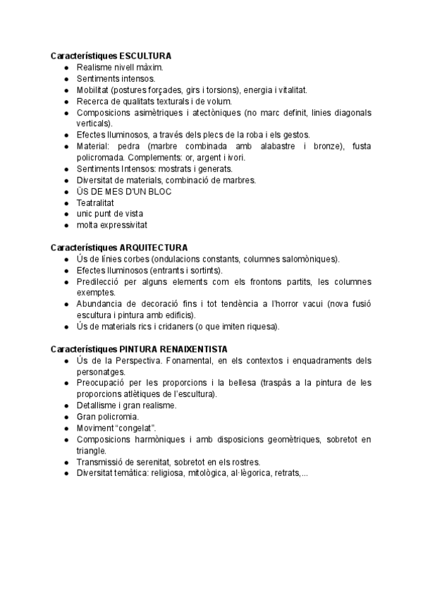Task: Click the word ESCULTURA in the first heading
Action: coord(146,56)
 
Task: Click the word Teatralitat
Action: coord(95,202)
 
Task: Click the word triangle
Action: coord(92,451)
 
